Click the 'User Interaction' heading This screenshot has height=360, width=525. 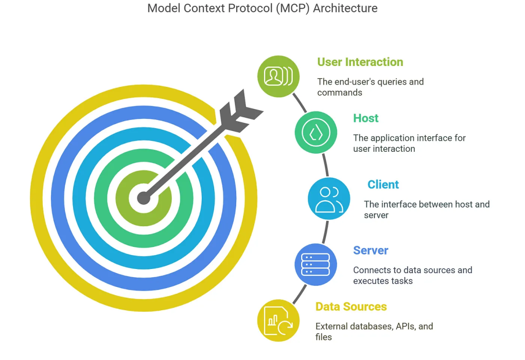point(360,62)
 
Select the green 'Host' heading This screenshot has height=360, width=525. point(365,118)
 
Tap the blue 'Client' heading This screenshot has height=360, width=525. point(383,184)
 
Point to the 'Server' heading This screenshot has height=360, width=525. point(371,250)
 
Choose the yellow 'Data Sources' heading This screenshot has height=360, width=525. point(351,307)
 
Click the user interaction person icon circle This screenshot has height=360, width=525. point(278,76)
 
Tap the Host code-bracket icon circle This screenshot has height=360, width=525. point(316,133)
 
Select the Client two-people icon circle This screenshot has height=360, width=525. point(329,199)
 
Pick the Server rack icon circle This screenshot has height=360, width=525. point(316,264)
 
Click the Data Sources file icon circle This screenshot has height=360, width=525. point(278,320)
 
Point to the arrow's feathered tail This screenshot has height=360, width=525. point(240,111)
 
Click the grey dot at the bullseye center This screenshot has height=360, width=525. point(144,198)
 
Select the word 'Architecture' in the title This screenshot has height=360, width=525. point(345,8)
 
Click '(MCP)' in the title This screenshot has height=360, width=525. point(293,8)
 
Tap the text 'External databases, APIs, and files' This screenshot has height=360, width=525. point(374,332)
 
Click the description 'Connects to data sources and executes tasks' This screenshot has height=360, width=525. point(412,275)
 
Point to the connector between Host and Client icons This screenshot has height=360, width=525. point(325,165)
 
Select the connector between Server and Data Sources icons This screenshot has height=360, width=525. point(300,294)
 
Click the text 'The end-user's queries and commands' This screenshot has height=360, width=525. point(370,87)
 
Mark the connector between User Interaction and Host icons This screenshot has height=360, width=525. point(300,103)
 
